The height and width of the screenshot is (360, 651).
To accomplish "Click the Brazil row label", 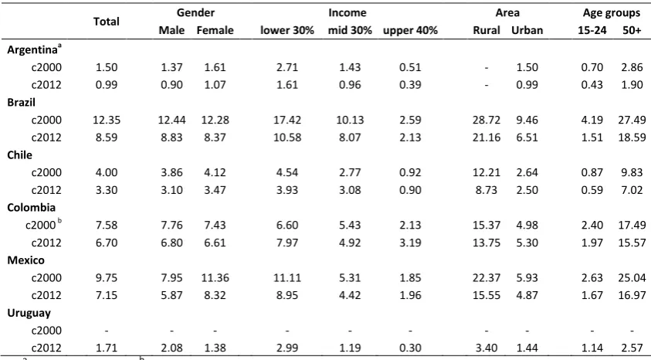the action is tap(22, 102).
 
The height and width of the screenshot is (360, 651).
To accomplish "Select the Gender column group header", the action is tap(195, 13).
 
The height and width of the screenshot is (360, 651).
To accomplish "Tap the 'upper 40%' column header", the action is tap(410, 30).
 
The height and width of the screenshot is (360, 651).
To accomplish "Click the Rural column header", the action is tap(487, 30).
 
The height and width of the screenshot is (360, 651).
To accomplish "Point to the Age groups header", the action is tap(611, 13).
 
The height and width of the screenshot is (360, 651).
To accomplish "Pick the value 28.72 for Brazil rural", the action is tap(487, 120).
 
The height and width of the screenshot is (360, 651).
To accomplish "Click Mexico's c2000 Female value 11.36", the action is tap(215, 278).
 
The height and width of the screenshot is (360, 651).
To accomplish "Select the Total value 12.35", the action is tap(107, 120).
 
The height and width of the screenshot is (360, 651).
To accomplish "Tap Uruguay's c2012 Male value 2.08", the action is tap(172, 348).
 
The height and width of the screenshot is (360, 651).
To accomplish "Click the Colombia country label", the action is tap(31, 208).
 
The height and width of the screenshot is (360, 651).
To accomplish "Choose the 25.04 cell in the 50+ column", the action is tap(632, 278).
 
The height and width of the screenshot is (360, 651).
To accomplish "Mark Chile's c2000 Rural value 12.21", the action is tap(487, 172).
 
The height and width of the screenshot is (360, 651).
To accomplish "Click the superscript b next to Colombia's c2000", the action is tap(59, 221).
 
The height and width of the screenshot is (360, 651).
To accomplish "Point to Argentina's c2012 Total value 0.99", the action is tap(107, 85).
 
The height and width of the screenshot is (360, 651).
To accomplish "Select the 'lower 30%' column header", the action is tap(287, 30).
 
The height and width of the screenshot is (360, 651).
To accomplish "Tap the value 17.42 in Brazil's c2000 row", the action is tap(287, 120).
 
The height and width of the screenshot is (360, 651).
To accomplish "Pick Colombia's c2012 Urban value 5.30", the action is tap(527, 243).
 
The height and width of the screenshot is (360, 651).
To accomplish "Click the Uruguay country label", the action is tap(29, 314).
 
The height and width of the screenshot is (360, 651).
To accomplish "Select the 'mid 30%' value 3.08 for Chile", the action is tap(350, 190).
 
